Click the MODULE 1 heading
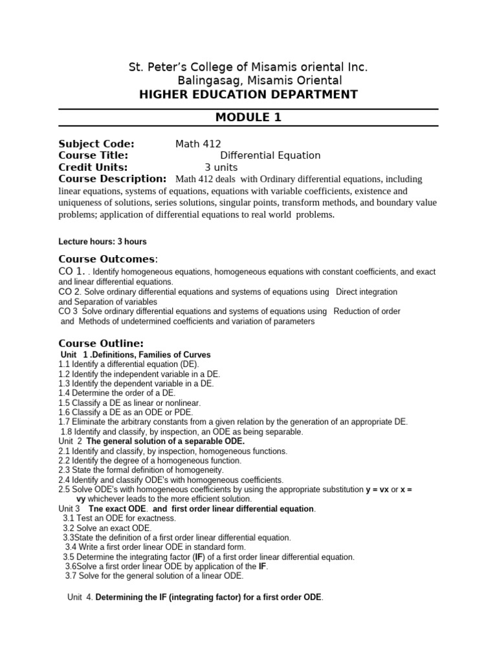(248, 117)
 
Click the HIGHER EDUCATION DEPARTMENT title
(248, 95)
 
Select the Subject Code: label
(96, 144)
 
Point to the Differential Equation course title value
(270, 155)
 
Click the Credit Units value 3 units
(221, 167)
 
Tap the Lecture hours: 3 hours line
(102, 242)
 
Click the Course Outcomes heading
(108, 259)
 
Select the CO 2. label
(69, 292)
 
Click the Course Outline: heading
(101, 343)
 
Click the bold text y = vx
(372, 489)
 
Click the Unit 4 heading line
(195, 597)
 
